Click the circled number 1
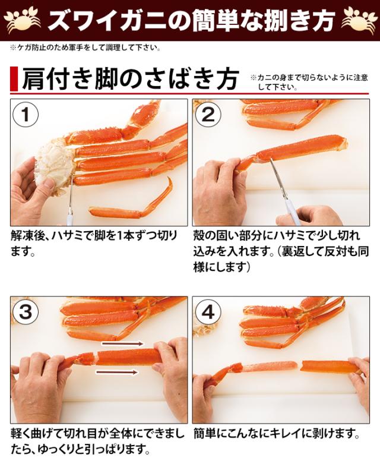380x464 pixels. tap(26, 115)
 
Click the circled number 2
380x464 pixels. tap(208, 115)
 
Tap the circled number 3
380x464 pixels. tap(26, 312)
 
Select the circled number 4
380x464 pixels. tap(208, 312)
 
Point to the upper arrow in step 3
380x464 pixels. tap(122, 343)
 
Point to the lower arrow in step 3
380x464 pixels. tap(117, 372)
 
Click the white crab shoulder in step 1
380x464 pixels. tap(54, 165)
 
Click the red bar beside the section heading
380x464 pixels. tap(14, 78)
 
